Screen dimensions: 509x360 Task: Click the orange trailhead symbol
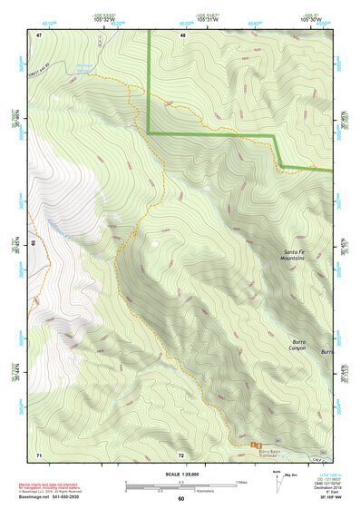[255, 444]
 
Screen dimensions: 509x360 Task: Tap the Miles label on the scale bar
[240, 482]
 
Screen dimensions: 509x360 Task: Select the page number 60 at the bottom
[180, 500]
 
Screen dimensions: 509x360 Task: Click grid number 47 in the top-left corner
[39, 34]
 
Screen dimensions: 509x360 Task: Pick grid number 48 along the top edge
[182, 34]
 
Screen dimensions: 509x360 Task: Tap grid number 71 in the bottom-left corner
[39, 453]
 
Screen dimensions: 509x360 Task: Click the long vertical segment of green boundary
[149, 82]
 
